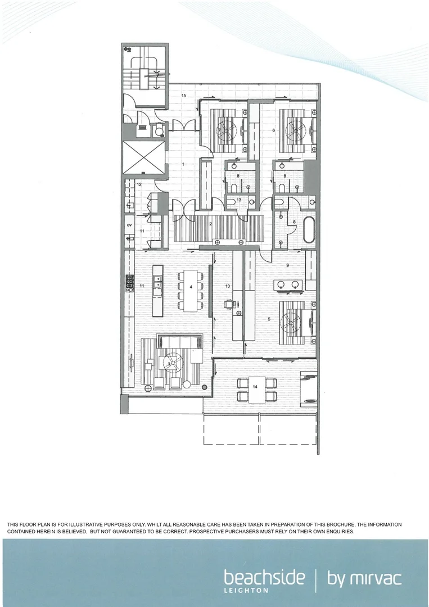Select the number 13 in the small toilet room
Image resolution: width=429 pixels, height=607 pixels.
point(238,200)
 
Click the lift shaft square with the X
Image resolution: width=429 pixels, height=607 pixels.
point(144,157)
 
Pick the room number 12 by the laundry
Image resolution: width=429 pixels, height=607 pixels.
point(138,184)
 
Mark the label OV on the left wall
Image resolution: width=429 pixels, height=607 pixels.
point(129,225)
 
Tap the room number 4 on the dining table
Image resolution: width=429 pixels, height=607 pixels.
point(191,287)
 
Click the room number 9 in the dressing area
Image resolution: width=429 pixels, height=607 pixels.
point(287,265)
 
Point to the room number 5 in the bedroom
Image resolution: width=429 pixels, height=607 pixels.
point(269,319)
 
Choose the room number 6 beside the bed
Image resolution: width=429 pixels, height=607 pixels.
point(273,130)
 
